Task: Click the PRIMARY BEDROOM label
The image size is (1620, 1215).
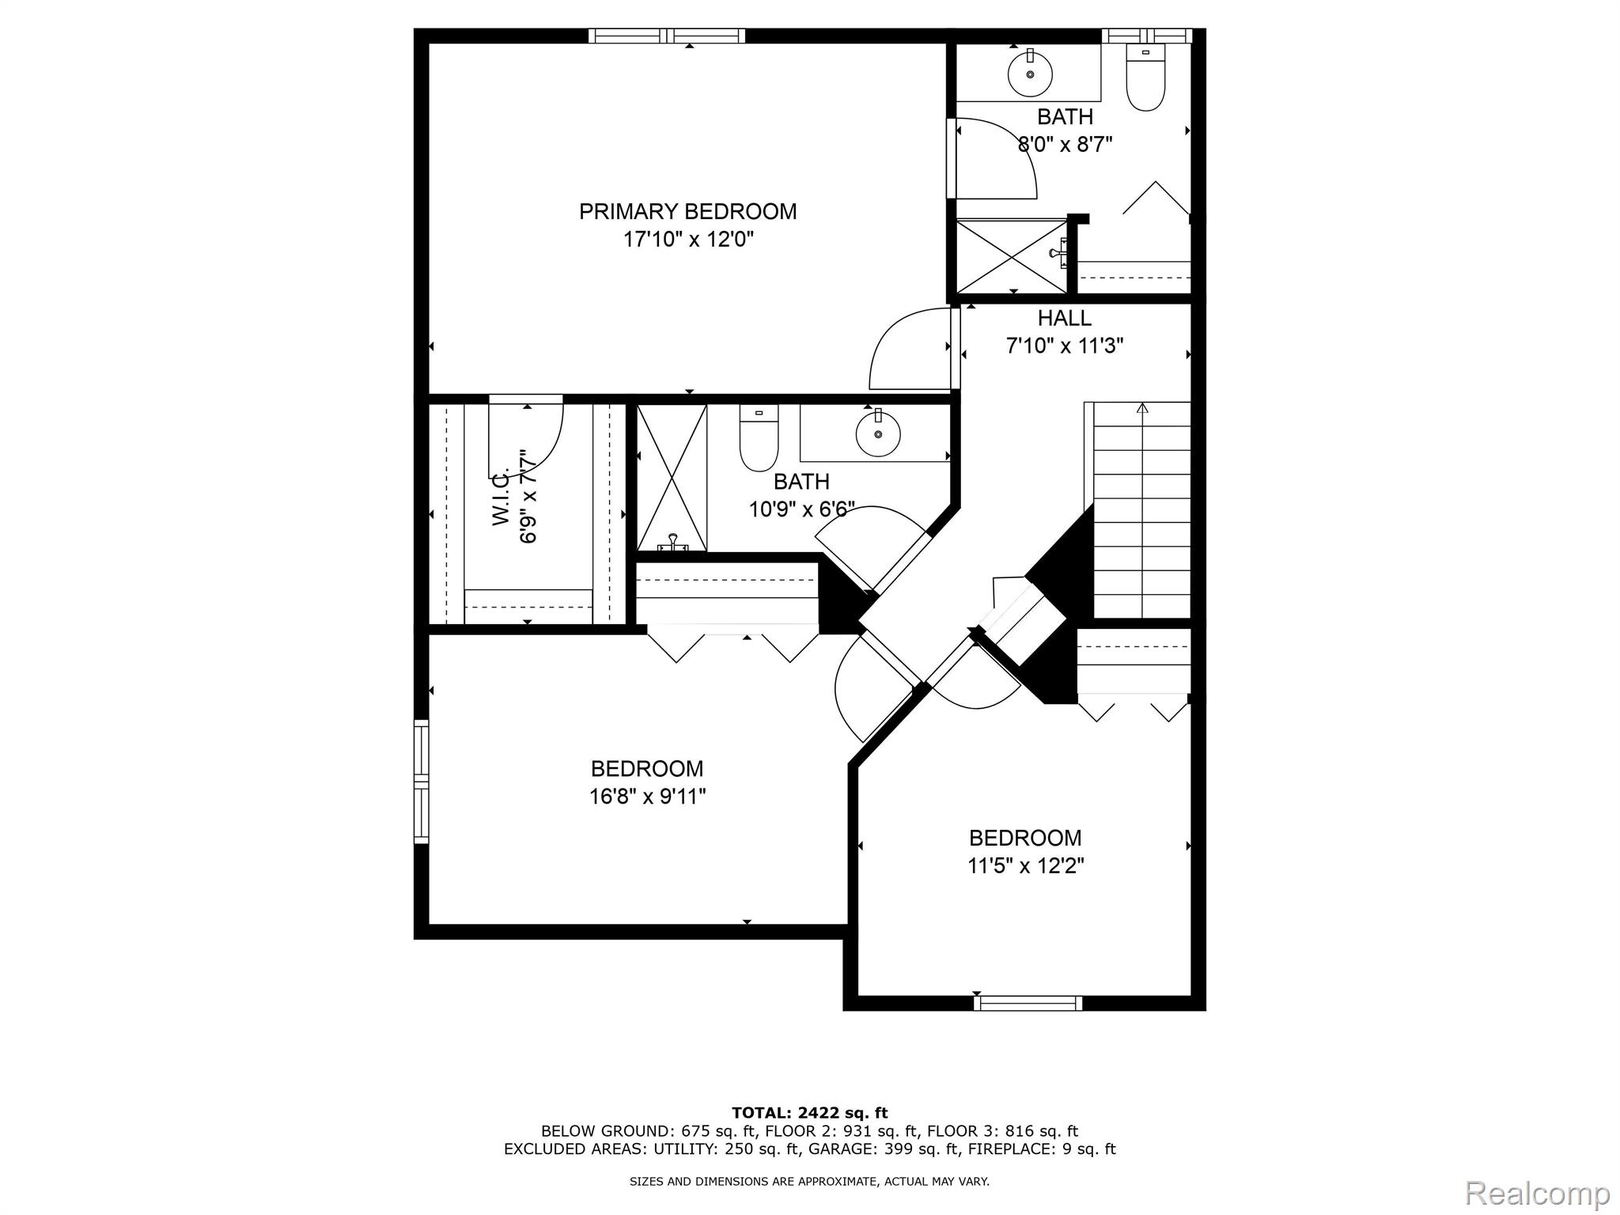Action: pos(687,212)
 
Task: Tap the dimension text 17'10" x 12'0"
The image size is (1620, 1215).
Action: pos(687,240)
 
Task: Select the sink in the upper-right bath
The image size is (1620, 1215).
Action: pos(1030,74)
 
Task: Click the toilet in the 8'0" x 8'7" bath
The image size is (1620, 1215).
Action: pos(1145,79)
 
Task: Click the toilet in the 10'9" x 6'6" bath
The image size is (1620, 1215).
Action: pos(759,440)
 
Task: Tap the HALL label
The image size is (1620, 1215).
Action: pos(1064,318)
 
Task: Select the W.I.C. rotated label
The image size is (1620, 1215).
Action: pos(501,498)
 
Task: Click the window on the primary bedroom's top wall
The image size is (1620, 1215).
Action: pos(667,36)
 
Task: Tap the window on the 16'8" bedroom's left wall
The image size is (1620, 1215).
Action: pos(422,782)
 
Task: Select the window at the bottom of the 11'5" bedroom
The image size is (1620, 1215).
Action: pos(1028,1003)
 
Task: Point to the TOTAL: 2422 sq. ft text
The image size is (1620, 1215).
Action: pos(809,1114)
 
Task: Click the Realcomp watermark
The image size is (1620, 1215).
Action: pos(1538,1193)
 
